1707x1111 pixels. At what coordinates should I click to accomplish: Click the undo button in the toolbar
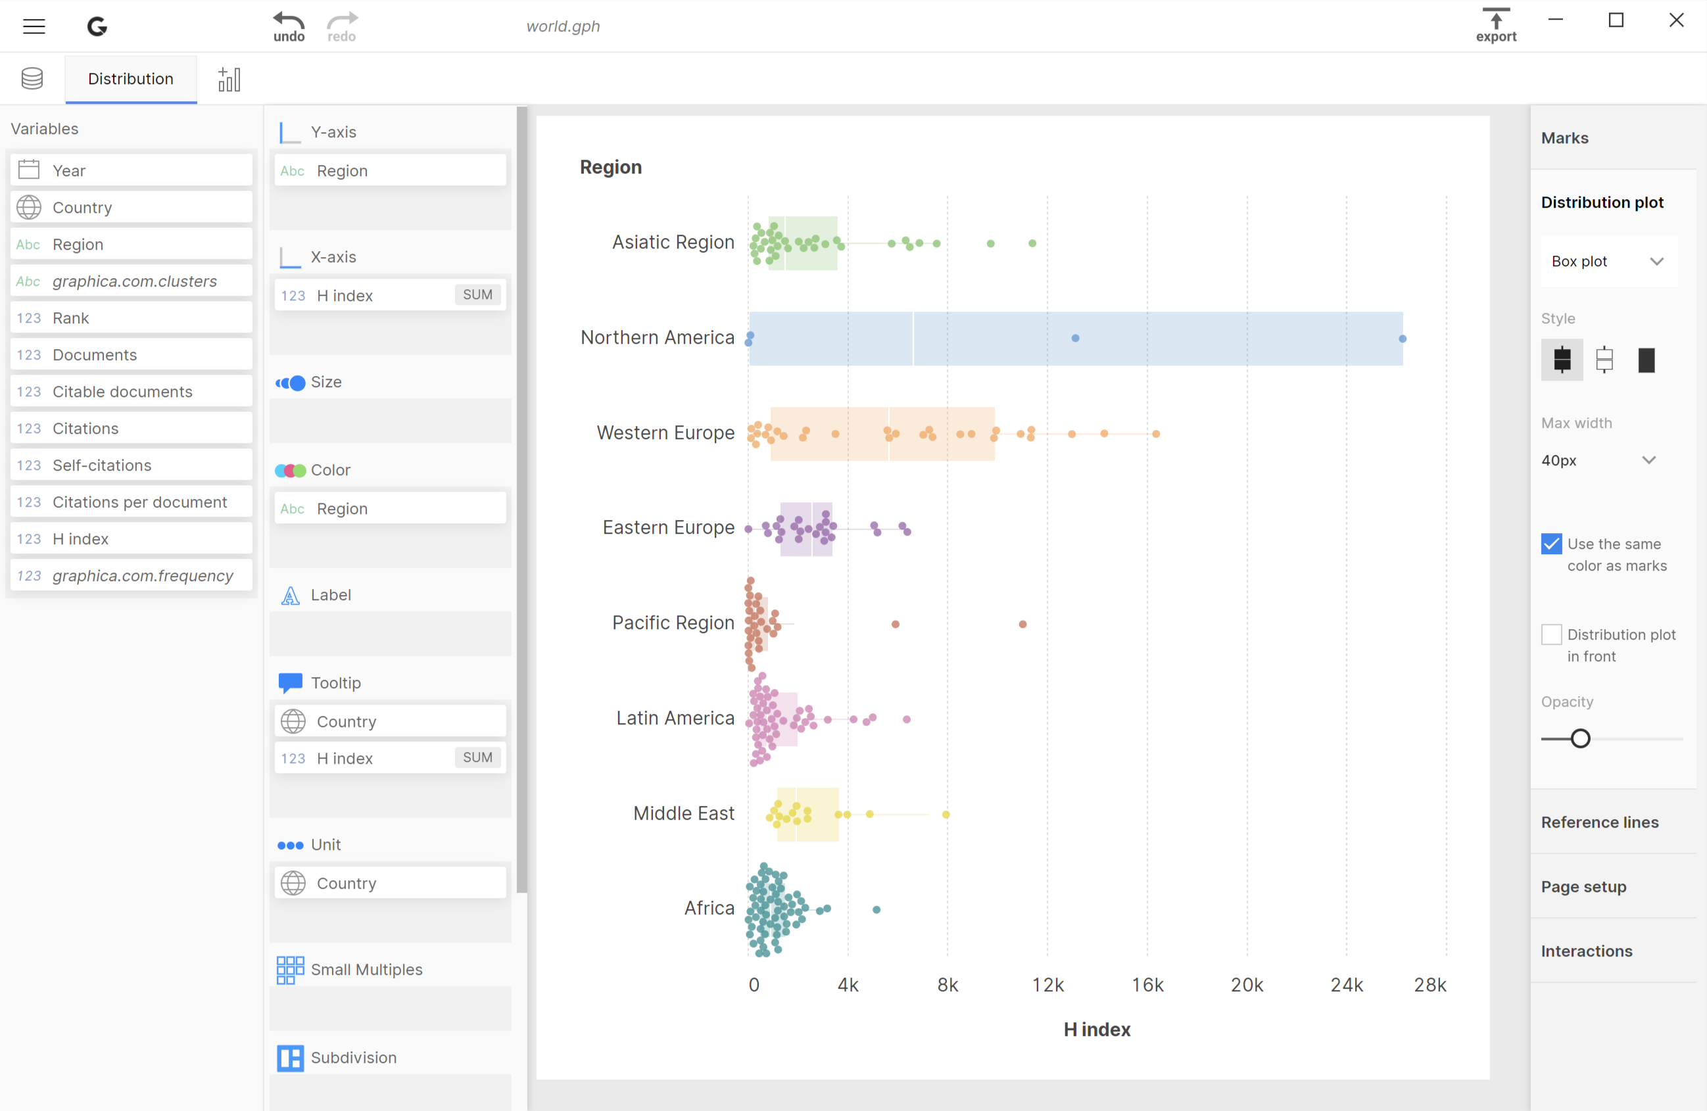point(288,26)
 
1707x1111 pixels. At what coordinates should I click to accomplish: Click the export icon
point(1495,25)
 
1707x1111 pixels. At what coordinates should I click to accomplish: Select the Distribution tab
point(131,79)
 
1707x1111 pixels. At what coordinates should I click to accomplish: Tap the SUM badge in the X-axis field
point(477,295)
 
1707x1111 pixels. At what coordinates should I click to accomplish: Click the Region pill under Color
point(389,509)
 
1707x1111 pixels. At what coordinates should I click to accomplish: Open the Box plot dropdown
point(1607,261)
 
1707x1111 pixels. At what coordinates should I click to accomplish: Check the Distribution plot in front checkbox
point(1551,635)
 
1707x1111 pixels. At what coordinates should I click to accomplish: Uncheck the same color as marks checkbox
point(1551,544)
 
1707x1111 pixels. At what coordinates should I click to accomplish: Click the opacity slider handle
point(1580,739)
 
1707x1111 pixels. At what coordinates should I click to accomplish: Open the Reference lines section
point(1599,822)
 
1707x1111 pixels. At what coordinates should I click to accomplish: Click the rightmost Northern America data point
point(1402,339)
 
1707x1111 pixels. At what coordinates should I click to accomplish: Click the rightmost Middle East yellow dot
point(946,815)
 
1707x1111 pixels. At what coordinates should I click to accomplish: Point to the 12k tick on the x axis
point(1047,985)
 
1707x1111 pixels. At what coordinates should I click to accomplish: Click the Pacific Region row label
point(673,623)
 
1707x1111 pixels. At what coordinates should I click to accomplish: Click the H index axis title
point(1097,1029)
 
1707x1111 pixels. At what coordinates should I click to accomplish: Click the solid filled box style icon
point(1646,360)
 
